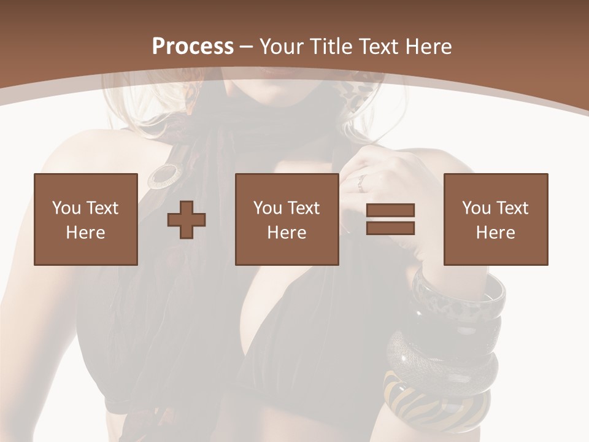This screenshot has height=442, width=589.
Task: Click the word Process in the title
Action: [x=193, y=47]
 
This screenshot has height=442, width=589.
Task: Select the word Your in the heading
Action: [x=282, y=47]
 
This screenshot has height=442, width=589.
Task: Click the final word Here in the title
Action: [x=429, y=47]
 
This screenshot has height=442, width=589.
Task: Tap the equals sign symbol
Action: [x=390, y=219]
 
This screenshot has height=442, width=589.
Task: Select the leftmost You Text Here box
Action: [x=86, y=219]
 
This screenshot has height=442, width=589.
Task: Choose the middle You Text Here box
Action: [x=287, y=219]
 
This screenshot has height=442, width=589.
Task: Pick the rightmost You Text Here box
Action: [x=496, y=219]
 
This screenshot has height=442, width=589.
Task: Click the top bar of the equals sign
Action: [x=390, y=211]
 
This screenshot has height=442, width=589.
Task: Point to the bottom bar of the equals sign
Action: [x=390, y=228]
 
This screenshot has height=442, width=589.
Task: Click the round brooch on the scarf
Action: [x=162, y=176]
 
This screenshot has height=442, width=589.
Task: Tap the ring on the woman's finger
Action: [x=362, y=182]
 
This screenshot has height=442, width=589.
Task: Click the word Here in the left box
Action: [x=86, y=233]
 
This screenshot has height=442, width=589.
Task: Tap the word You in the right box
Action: [x=476, y=208]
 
